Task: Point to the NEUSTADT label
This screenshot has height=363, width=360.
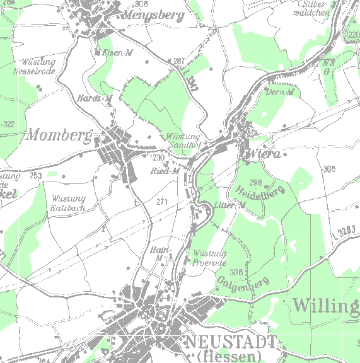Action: pos(230,342)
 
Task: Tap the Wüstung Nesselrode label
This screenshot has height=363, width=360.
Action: pos(38,67)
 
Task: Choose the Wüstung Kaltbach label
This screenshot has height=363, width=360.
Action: pos(67,202)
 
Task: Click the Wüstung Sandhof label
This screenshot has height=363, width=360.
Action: pos(183,141)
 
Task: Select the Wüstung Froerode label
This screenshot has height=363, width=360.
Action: pos(209,258)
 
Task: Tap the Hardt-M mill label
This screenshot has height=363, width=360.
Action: pos(95,98)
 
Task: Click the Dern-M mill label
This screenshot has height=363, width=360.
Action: pos(281,93)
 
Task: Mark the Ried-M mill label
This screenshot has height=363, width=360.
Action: pos(166,171)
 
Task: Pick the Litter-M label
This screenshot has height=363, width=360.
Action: pos(229,205)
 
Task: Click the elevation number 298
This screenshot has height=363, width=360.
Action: pos(255,182)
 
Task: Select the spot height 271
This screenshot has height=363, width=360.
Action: pos(163,202)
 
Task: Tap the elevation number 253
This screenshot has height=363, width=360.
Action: pos(35,176)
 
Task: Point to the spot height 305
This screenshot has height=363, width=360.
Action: pos(328,169)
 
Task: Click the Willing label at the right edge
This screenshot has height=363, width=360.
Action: pos(325,307)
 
